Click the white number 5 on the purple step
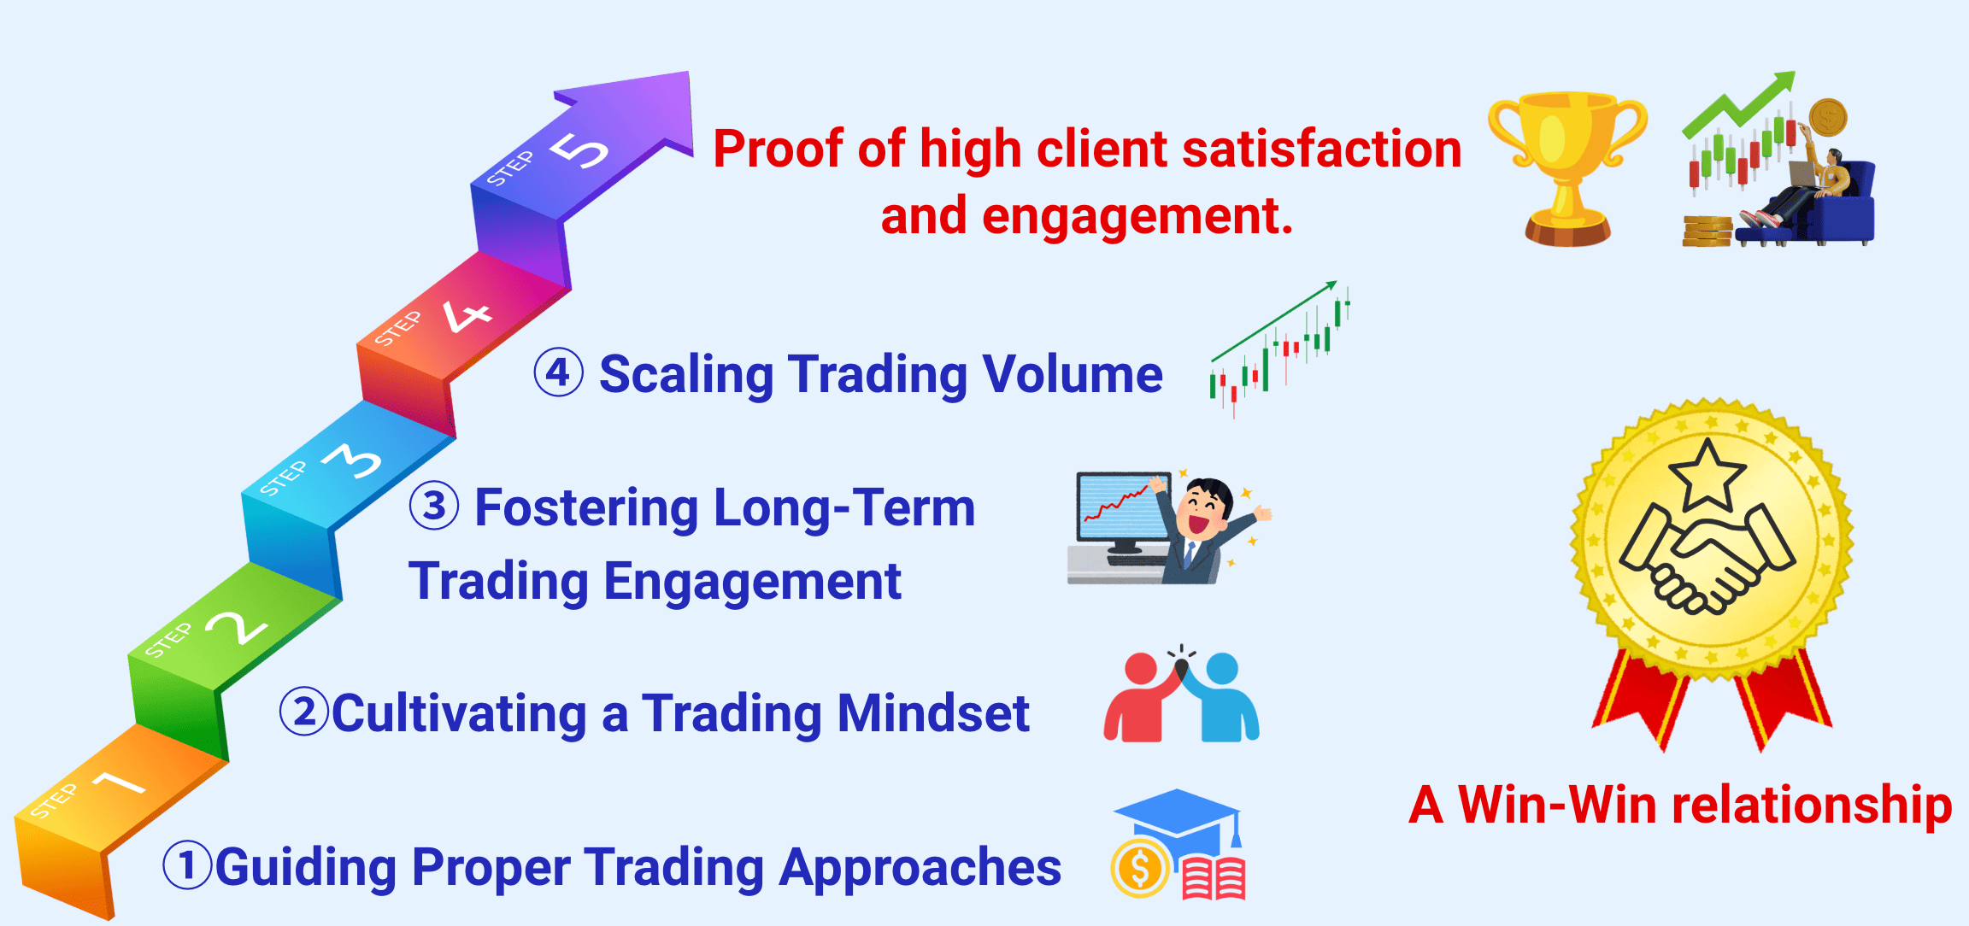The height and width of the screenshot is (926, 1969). (579, 150)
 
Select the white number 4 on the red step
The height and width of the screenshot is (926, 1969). (467, 315)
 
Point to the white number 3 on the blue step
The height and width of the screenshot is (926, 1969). (352, 461)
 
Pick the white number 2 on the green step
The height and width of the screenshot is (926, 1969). (237, 628)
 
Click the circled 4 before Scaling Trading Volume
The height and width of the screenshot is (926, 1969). (559, 373)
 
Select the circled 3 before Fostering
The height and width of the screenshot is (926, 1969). (434, 506)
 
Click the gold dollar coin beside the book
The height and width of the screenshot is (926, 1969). (1140, 868)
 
